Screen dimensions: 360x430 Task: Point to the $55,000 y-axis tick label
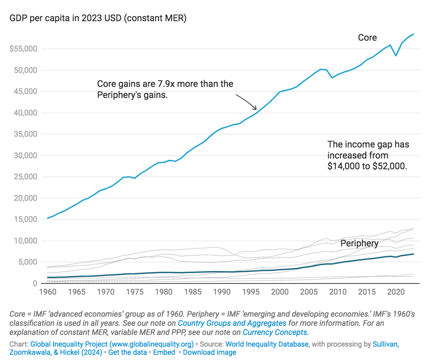24,49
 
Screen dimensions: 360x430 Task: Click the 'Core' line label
367,38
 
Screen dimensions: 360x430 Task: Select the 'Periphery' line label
359,244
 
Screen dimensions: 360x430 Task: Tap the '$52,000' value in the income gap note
390,166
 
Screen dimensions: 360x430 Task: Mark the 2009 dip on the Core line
332,78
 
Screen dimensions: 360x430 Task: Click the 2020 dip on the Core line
396,56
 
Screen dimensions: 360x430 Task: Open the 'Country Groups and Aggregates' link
232,323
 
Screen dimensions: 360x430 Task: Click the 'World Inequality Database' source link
267,344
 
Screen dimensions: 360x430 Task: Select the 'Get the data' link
128,352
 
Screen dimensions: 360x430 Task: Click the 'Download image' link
209,352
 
